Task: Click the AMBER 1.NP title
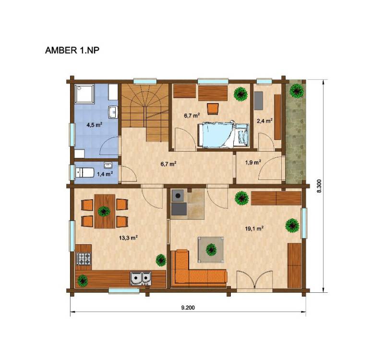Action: pyautogui.click(x=72, y=50)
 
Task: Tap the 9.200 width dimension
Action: pyautogui.click(x=188, y=308)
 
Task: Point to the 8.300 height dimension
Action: pyautogui.click(x=319, y=186)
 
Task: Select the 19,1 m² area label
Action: pyautogui.click(x=254, y=228)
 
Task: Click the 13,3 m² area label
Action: pyautogui.click(x=128, y=238)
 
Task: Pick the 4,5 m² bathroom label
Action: pyautogui.click(x=94, y=125)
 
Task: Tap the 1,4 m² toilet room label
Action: pyautogui.click(x=105, y=174)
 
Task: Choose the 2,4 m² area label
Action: pyautogui.click(x=265, y=120)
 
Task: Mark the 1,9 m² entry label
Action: pyautogui.click(x=253, y=162)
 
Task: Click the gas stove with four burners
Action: pyautogui.click(x=84, y=259)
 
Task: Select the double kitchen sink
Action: pyautogui.click(x=141, y=278)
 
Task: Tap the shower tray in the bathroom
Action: pyautogui.click(x=84, y=94)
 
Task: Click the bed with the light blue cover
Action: pyautogui.click(x=223, y=135)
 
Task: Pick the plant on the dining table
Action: pyautogui.click(x=104, y=211)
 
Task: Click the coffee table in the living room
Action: pyautogui.click(x=211, y=250)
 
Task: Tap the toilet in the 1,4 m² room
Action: pyautogui.click(x=85, y=172)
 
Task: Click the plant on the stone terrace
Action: pyautogui.click(x=297, y=91)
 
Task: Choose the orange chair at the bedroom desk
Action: pyautogui.click(x=213, y=109)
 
